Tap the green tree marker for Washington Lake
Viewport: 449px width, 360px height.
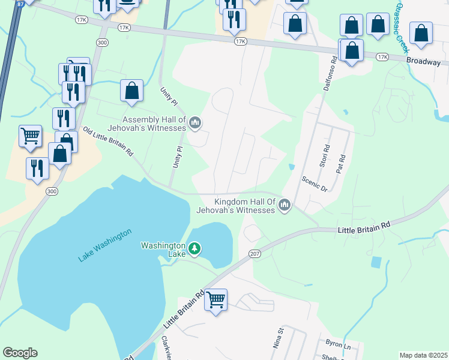[x=194, y=247]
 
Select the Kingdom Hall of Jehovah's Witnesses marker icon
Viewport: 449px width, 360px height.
[x=285, y=206]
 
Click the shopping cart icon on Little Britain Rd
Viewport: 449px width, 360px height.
[x=215, y=299]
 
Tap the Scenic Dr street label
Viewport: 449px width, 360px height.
[x=315, y=184]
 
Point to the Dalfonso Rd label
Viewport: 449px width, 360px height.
[x=329, y=73]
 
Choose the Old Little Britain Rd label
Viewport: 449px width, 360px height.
[x=107, y=142]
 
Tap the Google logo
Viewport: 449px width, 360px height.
[x=20, y=353]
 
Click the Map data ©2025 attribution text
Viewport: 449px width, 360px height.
[x=423, y=355]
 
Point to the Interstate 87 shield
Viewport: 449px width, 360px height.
[x=20, y=3]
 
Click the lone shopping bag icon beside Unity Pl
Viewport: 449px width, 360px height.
[x=131, y=91]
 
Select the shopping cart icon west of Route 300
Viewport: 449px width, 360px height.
[x=30, y=136]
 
